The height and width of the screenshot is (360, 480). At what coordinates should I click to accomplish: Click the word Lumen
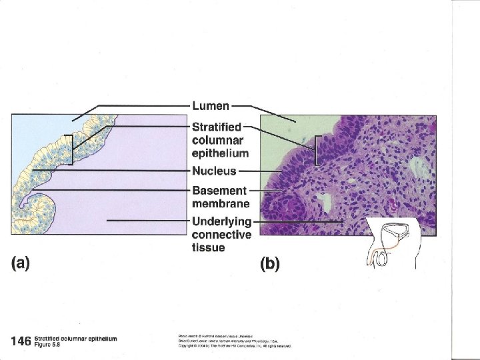(211, 105)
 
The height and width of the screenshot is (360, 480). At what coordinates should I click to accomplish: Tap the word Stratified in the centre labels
(217, 127)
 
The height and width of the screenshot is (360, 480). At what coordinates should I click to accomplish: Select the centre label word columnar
(215, 140)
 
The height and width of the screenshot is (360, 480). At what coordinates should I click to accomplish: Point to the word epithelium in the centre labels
(220, 153)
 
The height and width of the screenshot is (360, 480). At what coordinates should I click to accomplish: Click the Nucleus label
(214, 171)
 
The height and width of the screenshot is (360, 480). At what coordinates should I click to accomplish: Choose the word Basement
(219, 191)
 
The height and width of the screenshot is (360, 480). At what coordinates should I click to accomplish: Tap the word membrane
(221, 203)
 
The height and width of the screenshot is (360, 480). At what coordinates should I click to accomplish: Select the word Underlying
(221, 221)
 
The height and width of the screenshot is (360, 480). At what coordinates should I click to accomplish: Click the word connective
(221, 235)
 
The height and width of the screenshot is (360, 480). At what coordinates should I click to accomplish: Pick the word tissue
(208, 248)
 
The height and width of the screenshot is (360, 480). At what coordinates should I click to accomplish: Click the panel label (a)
(21, 263)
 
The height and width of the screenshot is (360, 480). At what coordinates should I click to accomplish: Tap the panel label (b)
(269, 263)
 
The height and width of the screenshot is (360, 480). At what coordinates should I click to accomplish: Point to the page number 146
(21, 341)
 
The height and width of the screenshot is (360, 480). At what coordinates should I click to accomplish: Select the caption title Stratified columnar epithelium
(75, 339)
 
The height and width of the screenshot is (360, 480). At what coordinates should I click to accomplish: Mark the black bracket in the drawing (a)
(69, 149)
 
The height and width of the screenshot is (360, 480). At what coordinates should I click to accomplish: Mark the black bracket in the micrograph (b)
(316, 150)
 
